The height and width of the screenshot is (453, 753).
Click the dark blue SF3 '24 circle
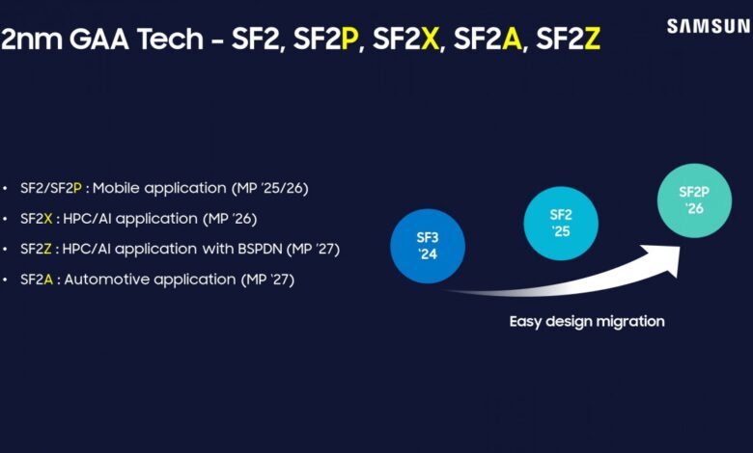(428, 246)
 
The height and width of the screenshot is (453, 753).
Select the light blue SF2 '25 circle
(561, 224)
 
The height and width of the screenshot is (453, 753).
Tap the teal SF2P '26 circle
(694, 200)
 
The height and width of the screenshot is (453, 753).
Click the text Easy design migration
(587, 321)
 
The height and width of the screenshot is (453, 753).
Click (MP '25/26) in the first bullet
(265, 187)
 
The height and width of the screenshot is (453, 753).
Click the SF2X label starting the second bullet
(36, 218)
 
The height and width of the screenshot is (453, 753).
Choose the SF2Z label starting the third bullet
(36, 249)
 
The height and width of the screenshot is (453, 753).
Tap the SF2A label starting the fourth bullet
(36, 280)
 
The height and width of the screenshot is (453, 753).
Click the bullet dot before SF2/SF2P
(9, 187)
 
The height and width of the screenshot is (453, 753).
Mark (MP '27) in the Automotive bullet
(266, 280)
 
